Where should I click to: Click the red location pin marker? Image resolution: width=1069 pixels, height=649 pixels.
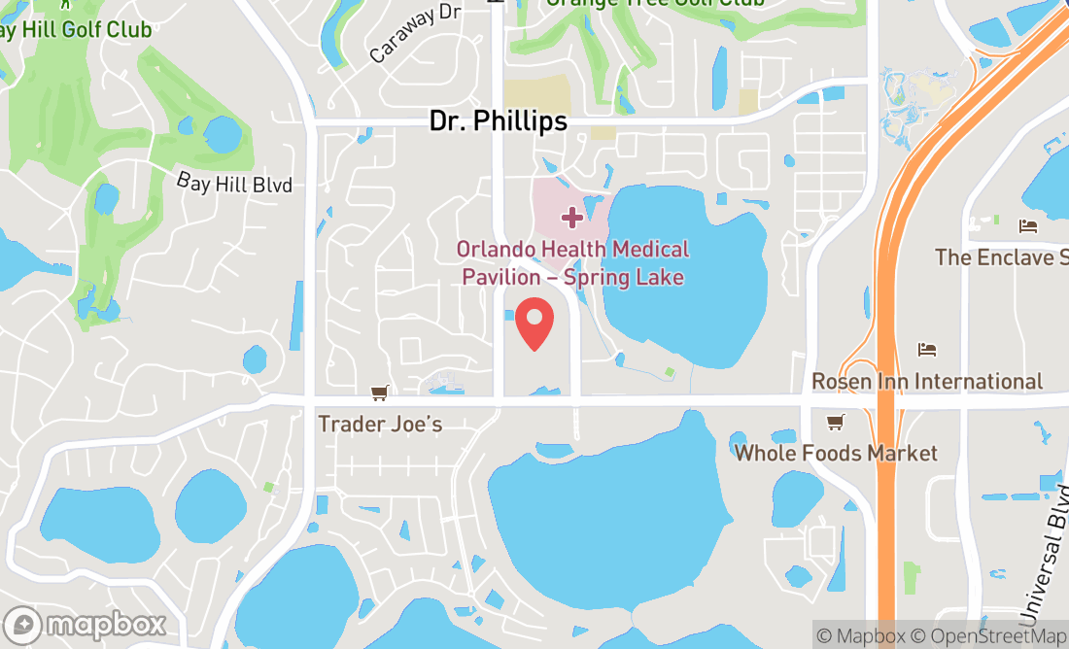tap(534, 324)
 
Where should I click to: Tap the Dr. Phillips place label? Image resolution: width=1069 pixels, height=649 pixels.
tap(499, 120)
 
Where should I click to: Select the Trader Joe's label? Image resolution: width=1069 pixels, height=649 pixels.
tap(380, 425)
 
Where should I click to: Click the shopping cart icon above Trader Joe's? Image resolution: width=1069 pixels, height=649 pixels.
tap(379, 393)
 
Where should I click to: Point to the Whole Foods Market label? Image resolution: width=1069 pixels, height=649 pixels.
tap(836, 453)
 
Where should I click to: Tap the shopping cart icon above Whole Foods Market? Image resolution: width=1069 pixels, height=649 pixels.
tap(834, 423)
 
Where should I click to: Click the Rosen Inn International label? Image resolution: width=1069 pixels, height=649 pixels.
tap(927, 381)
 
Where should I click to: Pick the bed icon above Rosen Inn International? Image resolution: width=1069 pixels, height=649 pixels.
tap(927, 350)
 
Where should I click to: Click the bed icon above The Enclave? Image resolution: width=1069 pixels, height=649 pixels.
tap(1028, 226)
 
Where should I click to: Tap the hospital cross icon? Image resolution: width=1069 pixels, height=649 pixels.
tap(572, 216)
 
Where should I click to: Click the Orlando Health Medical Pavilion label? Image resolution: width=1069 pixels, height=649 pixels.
tap(573, 263)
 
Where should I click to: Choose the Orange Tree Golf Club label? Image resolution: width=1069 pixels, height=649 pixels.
tap(655, 3)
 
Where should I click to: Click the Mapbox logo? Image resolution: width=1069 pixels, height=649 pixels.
tap(85, 624)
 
